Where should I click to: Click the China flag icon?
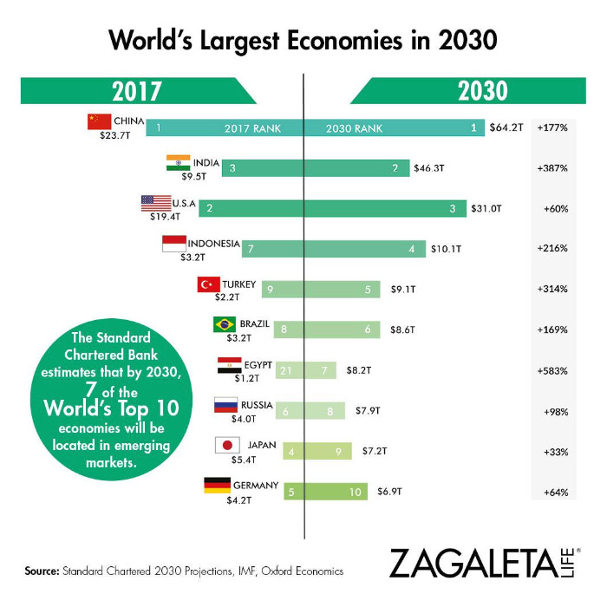coord(99,121)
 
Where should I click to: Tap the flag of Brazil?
coord(225,324)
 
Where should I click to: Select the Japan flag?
coord(226,445)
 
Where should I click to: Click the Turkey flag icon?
coord(208,284)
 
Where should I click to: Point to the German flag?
coord(216,486)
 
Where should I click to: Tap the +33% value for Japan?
coord(555,451)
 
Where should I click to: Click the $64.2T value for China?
coord(506,128)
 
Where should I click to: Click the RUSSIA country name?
coord(258,404)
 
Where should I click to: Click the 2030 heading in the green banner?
coord(483,91)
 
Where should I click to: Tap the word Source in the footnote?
coord(40,571)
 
